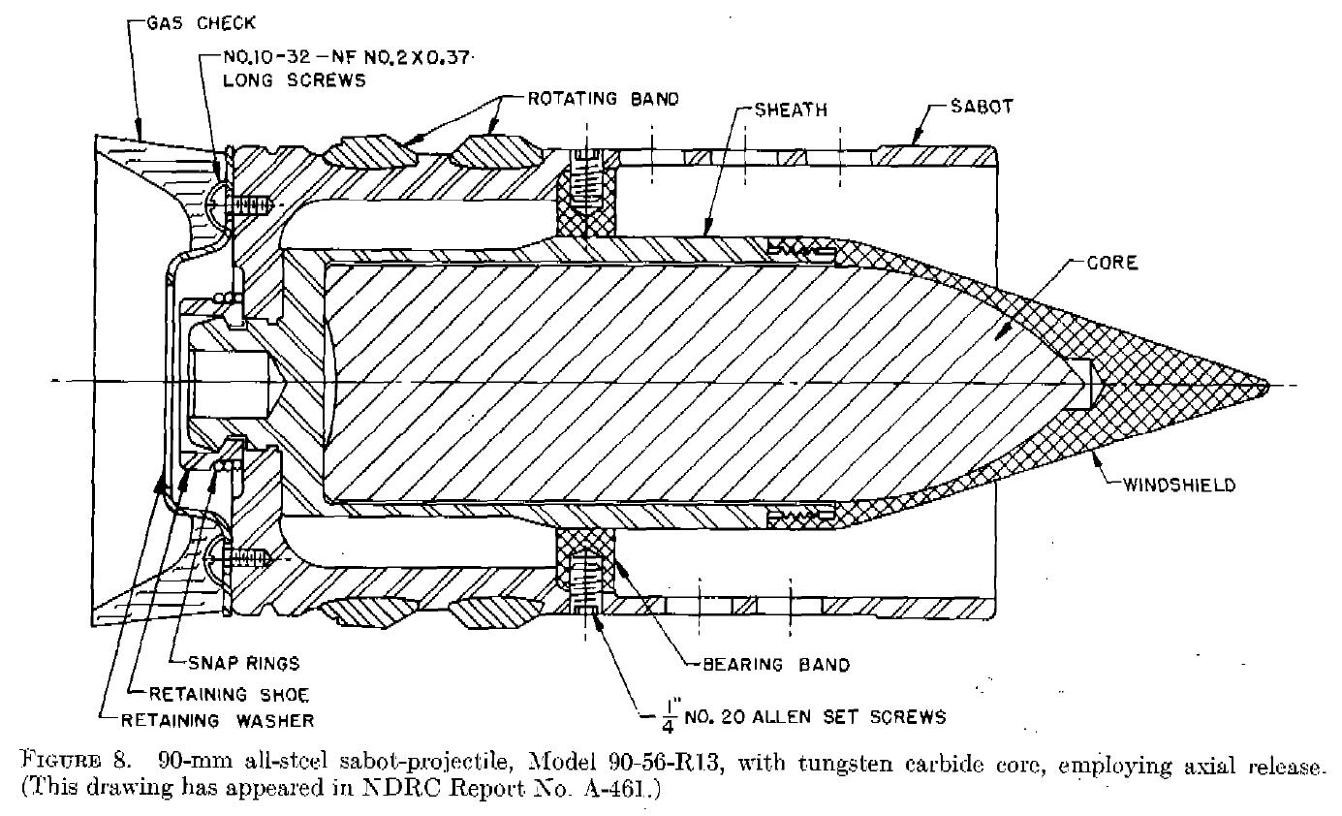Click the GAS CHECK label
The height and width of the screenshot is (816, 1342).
pyautogui.click(x=202, y=23)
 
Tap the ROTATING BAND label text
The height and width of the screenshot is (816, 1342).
pyautogui.click(x=604, y=99)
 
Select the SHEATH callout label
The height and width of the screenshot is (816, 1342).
pyautogui.click(x=791, y=110)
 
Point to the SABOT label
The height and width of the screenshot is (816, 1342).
pyautogui.click(x=982, y=107)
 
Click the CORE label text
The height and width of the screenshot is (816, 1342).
pyautogui.click(x=1112, y=263)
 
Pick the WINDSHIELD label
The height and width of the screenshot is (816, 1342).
pyautogui.click(x=1179, y=485)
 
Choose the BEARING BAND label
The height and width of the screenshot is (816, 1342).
pyautogui.click(x=776, y=665)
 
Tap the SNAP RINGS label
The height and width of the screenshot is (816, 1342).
pyautogui.click(x=244, y=663)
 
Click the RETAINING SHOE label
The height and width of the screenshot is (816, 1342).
pyautogui.click(x=229, y=695)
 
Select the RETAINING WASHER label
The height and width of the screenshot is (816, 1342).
pyautogui.click(x=217, y=720)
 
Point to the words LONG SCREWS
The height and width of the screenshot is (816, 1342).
pyautogui.click(x=295, y=80)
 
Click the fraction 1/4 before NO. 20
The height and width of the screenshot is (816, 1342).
pyautogui.click(x=670, y=718)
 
